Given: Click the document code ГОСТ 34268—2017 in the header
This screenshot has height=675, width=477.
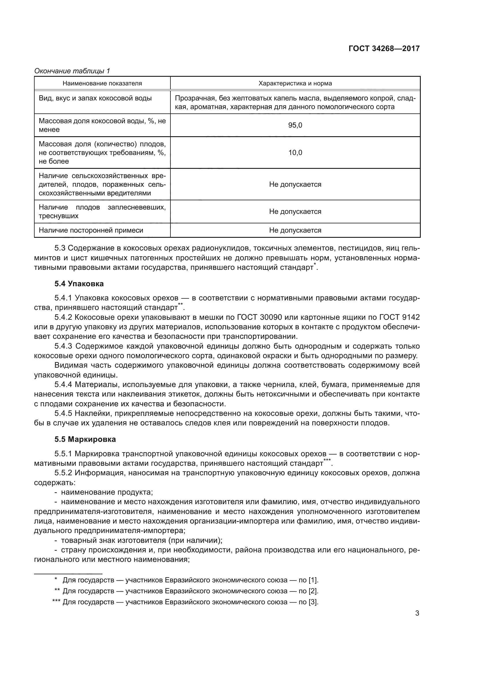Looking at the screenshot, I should tap(384, 48).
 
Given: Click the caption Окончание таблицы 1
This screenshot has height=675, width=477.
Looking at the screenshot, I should tap(72, 71).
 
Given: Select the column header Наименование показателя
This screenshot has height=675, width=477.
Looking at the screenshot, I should tap(102, 83).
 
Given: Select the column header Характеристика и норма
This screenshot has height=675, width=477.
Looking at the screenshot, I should tap(295, 83).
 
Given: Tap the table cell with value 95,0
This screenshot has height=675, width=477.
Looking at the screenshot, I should tap(295, 125).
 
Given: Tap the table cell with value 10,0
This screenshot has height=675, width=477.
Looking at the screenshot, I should tap(295, 153).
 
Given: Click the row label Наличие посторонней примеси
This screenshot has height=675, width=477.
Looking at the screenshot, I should tap(91, 230).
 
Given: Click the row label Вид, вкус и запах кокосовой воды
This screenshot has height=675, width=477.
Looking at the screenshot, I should tap(95, 98).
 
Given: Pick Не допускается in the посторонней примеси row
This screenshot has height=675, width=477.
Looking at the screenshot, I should tap(295, 230).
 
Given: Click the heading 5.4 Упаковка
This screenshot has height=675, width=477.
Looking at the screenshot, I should tap(79, 284).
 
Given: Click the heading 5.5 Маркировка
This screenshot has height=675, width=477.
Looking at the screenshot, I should tap(85, 448).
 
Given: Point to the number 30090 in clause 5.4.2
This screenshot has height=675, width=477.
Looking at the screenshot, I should tap(271, 317).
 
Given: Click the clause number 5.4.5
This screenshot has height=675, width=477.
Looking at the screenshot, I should tap(63, 414).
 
